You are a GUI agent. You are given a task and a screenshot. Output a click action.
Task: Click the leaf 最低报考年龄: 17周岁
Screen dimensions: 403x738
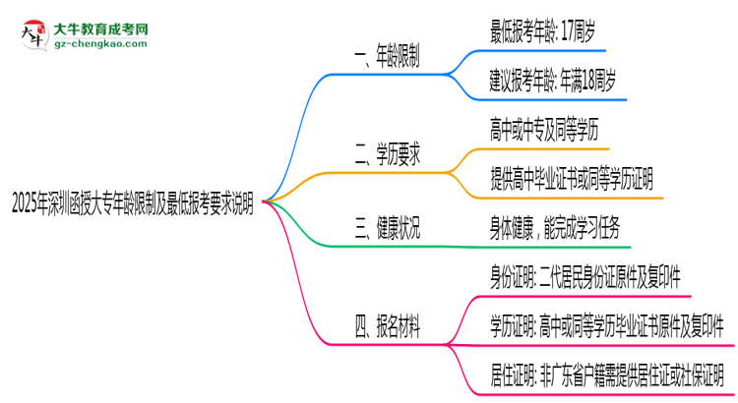click(x=541, y=32)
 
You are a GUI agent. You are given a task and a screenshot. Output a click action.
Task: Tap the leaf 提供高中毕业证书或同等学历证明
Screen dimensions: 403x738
click(x=571, y=177)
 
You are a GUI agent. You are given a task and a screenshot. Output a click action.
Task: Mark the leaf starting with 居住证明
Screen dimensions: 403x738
click(x=607, y=374)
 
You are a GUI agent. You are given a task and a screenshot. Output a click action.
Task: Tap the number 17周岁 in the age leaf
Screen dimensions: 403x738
click(x=579, y=32)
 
